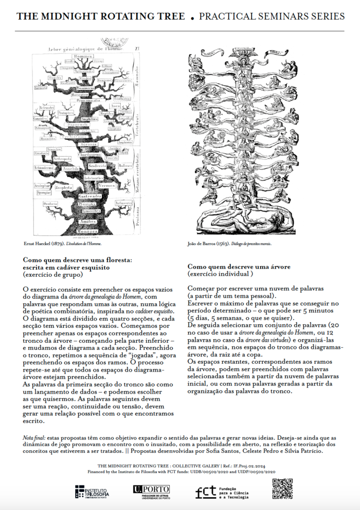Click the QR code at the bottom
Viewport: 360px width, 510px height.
(x=282, y=489)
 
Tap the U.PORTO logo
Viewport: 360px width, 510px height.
(x=148, y=491)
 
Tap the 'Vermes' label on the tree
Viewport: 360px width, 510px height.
(x=106, y=185)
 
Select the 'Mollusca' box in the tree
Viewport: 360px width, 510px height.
(x=125, y=167)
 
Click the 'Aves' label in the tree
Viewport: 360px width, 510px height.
(x=115, y=106)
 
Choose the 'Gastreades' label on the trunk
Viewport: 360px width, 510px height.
(x=90, y=197)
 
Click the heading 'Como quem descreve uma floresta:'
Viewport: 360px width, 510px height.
(x=78, y=260)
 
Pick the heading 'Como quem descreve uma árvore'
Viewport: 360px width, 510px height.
(x=239, y=267)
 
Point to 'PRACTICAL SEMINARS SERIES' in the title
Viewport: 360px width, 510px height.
(x=272, y=16)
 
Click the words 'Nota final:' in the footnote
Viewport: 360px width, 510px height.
(x=34, y=437)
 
